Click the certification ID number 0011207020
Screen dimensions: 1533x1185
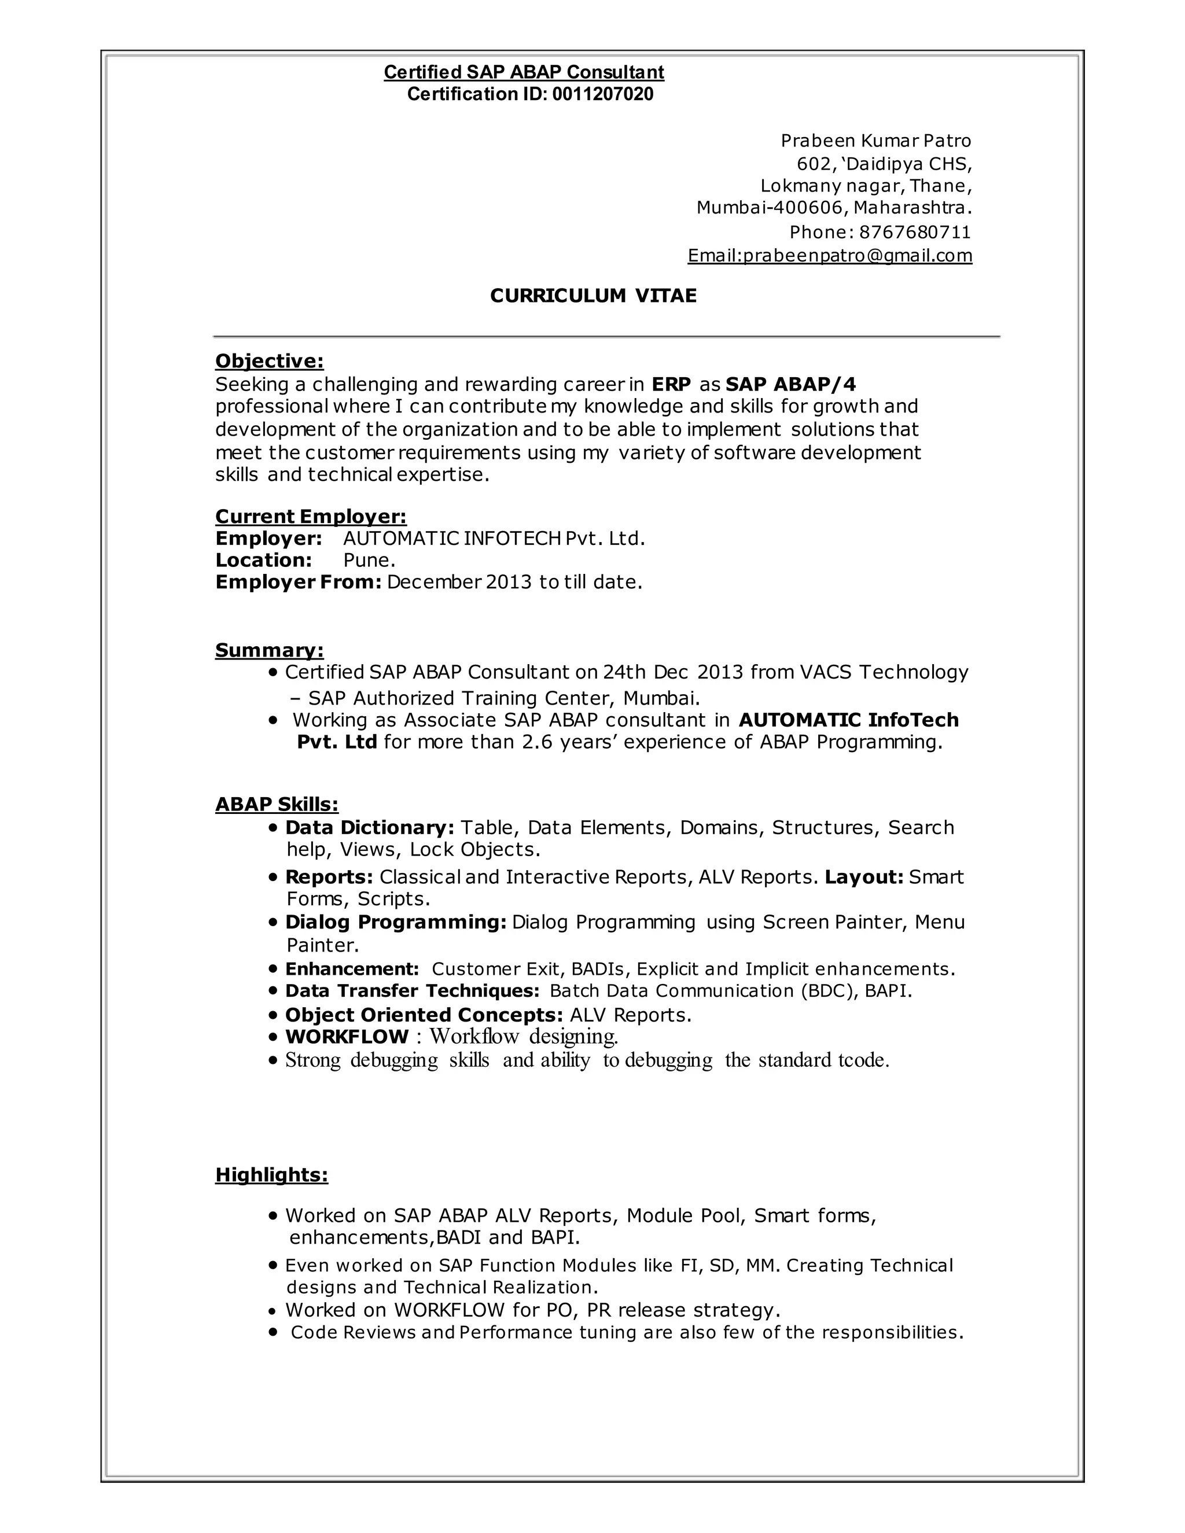[x=602, y=94]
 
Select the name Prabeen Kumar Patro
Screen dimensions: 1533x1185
[x=875, y=141]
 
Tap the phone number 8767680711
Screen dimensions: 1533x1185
[x=915, y=233]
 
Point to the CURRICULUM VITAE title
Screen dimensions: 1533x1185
[x=593, y=296]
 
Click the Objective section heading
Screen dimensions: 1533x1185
[x=269, y=361]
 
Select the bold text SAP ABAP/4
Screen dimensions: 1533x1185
[x=790, y=384]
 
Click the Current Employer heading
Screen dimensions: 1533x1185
[x=310, y=516]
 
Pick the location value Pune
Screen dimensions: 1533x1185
[x=369, y=560]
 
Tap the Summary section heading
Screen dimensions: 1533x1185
[x=269, y=650]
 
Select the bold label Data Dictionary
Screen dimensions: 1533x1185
[x=369, y=828]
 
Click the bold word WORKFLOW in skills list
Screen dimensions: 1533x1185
[x=347, y=1037]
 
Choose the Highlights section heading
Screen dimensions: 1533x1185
[x=272, y=1174]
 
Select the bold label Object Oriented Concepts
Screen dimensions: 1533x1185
[x=424, y=1015]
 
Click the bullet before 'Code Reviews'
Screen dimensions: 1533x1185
[x=274, y=1332]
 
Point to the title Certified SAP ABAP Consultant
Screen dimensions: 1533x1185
[x=524, y=72]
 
